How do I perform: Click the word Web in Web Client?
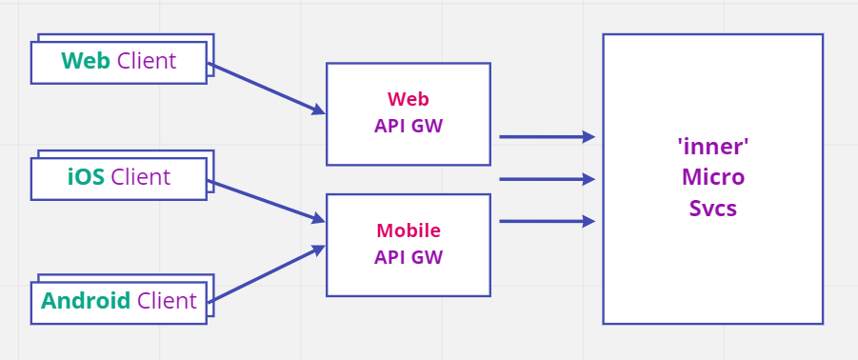pyautogui.click(x=86, y=61)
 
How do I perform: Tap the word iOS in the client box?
pyautogui.click(x=86, y=177)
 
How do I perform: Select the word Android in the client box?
pyautogui.click(x=86, y=301)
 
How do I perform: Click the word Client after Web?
pyautogui.click(x=147, y=61)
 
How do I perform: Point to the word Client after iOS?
pyautogui.click(x=141, y=177)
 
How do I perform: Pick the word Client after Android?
pyautogui.click(x=167, y=301)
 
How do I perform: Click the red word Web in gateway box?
pyautogui.click(x=408, y=99)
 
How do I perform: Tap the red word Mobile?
pyautogui.click(x=408, y=230)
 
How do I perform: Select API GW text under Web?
pyautogui.click(x=408, y=126)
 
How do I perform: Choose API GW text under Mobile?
pyautogui.click(x=408, y=256)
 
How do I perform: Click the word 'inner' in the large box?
pyautogui.click(x=712, y=147)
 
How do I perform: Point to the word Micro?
pyautogui.click(x=712, y=177)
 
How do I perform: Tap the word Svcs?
pyautogui.click(x=712, y=208)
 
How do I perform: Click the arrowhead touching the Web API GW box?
pyautogui.click(x=318, y=110)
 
